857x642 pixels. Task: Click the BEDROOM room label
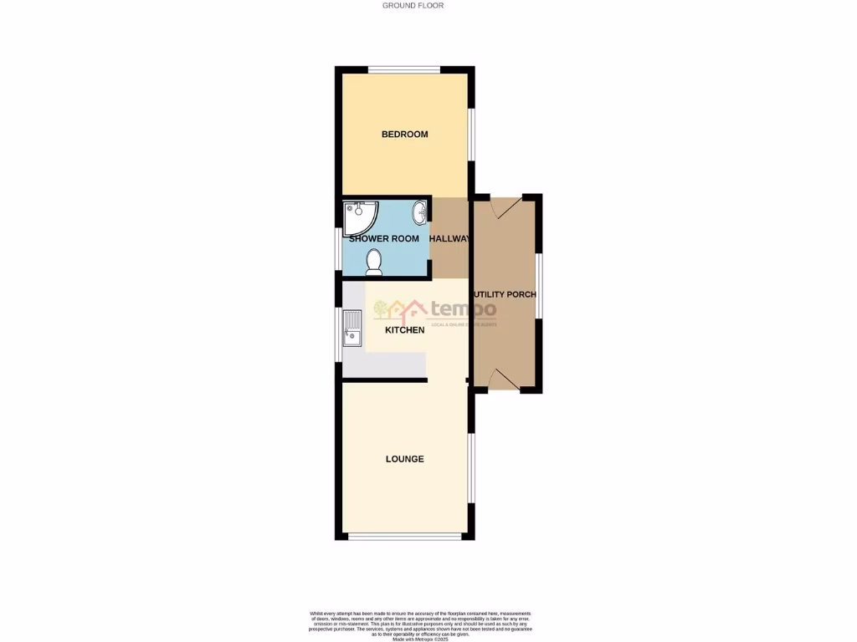(405, 135)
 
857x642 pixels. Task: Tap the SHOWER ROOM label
(384, 239)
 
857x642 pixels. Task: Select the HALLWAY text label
(450, 239)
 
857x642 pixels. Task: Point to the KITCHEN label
(404, 330)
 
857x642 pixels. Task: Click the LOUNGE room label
(404, 459)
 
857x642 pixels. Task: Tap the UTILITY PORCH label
(505, 295)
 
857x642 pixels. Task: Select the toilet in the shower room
(374, 262)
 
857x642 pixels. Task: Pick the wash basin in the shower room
(418, 214)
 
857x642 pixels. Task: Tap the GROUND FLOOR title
(413, 6)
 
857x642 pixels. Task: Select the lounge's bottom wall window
(405, 537)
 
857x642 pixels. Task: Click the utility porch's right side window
(540, 285)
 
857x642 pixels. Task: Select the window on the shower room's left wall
(339, 250)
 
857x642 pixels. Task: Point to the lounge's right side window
(471, 467)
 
